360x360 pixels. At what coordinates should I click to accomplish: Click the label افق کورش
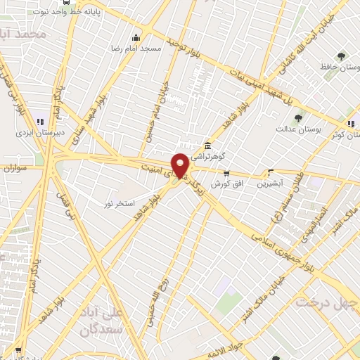(x=226, y=183)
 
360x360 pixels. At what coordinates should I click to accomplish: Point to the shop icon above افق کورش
(x=226, y=173)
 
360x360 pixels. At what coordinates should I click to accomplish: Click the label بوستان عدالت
(x=294, y=129)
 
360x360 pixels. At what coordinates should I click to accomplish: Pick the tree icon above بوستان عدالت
(x=298, y=118)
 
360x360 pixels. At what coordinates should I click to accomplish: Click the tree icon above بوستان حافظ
(x=342, y=56)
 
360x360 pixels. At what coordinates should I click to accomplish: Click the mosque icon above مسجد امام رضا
(x=136, y=37)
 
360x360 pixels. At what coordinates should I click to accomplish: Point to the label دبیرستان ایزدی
(x=40, y=131)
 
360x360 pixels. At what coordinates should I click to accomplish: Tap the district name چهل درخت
(x=326, y=302)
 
